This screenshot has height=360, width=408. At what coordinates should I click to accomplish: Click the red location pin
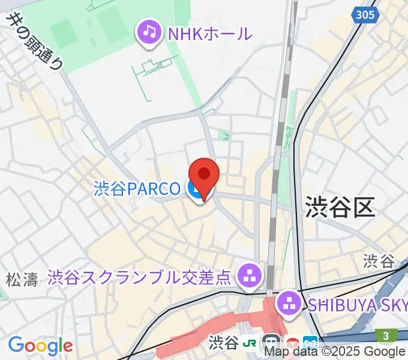click(x=204, y=176)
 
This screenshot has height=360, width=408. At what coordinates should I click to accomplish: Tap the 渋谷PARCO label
click(x=137, y=190)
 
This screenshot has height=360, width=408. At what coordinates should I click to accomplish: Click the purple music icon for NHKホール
click(x=149, y=32)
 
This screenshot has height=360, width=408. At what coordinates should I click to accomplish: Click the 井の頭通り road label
click(x=33, y=42)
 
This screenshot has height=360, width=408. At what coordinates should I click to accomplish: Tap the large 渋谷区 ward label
click(x=340, y=207)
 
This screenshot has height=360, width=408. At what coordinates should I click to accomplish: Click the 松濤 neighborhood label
click(x=22, y=279)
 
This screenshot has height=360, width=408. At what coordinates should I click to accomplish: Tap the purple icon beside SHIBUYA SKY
click(x=289, y=304)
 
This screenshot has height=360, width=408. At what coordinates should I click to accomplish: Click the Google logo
click(x=40, y=346)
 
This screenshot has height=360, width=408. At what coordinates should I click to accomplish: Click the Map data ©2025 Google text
click(x=335, y=352)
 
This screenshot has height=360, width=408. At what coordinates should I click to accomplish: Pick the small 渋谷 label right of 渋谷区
click(x=379, y=260)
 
